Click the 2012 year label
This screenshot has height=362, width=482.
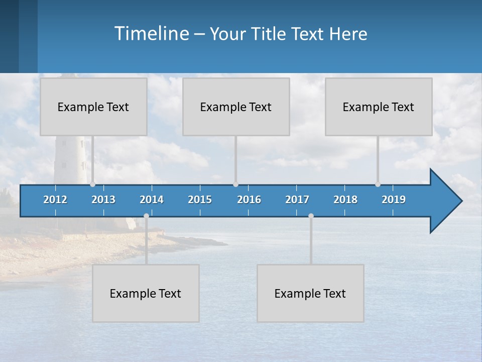55,200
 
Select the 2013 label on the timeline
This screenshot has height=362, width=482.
103,200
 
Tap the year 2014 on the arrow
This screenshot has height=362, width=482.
152,200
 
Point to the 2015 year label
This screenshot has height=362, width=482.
200,200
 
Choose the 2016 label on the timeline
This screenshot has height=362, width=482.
249,200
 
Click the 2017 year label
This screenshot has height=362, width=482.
297,200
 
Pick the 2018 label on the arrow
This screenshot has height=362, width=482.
345,200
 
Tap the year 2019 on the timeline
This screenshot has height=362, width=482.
394,200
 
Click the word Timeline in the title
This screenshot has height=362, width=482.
151,34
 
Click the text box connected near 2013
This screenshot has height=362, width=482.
93,107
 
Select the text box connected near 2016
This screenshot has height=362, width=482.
236,107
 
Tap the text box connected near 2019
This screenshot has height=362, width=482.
379,107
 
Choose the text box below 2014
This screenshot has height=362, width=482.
146,293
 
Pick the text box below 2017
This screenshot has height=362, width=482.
310,293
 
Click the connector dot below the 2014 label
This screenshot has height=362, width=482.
146,216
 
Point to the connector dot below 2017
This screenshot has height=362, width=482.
311,216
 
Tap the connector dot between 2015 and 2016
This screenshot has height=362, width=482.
235,184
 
